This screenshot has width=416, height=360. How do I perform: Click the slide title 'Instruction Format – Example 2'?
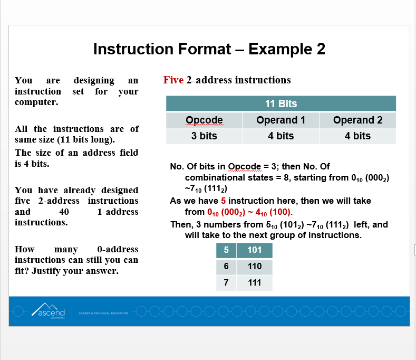pyautogui.click(x=209, y=49)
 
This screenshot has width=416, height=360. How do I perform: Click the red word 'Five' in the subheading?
pyautogui.click(x=173, y=80)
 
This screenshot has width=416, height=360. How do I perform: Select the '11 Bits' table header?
pyautogui.click(x=280, y=103)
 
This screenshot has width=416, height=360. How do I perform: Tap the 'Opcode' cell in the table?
pyautogui.click(x=204, y=120)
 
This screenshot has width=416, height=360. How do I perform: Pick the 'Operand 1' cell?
pyautogui.click(x=280, y=120)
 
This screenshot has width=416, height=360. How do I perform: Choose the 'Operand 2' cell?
pyautogui.click(x=357, y=120)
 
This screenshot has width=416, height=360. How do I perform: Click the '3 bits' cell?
pyautogui.click(x=204, y=136)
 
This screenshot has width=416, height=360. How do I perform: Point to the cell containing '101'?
pyautogui.click(x=255, y=250)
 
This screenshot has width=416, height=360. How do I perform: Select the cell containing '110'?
pyautogui.click(x=255, y=266)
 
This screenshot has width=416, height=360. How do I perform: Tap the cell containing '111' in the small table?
pyautogui.click(x=255, y=282)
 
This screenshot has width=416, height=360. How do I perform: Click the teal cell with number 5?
pyautogui.click(x=226, y=250)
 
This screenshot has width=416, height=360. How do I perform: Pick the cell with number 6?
pyautogui.click(x=226, y=266)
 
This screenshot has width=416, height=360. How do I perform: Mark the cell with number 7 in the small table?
pyautogui.click(x=226, y=282)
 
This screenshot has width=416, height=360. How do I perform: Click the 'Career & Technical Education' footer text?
pyautogui.click(x=103, y=313)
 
